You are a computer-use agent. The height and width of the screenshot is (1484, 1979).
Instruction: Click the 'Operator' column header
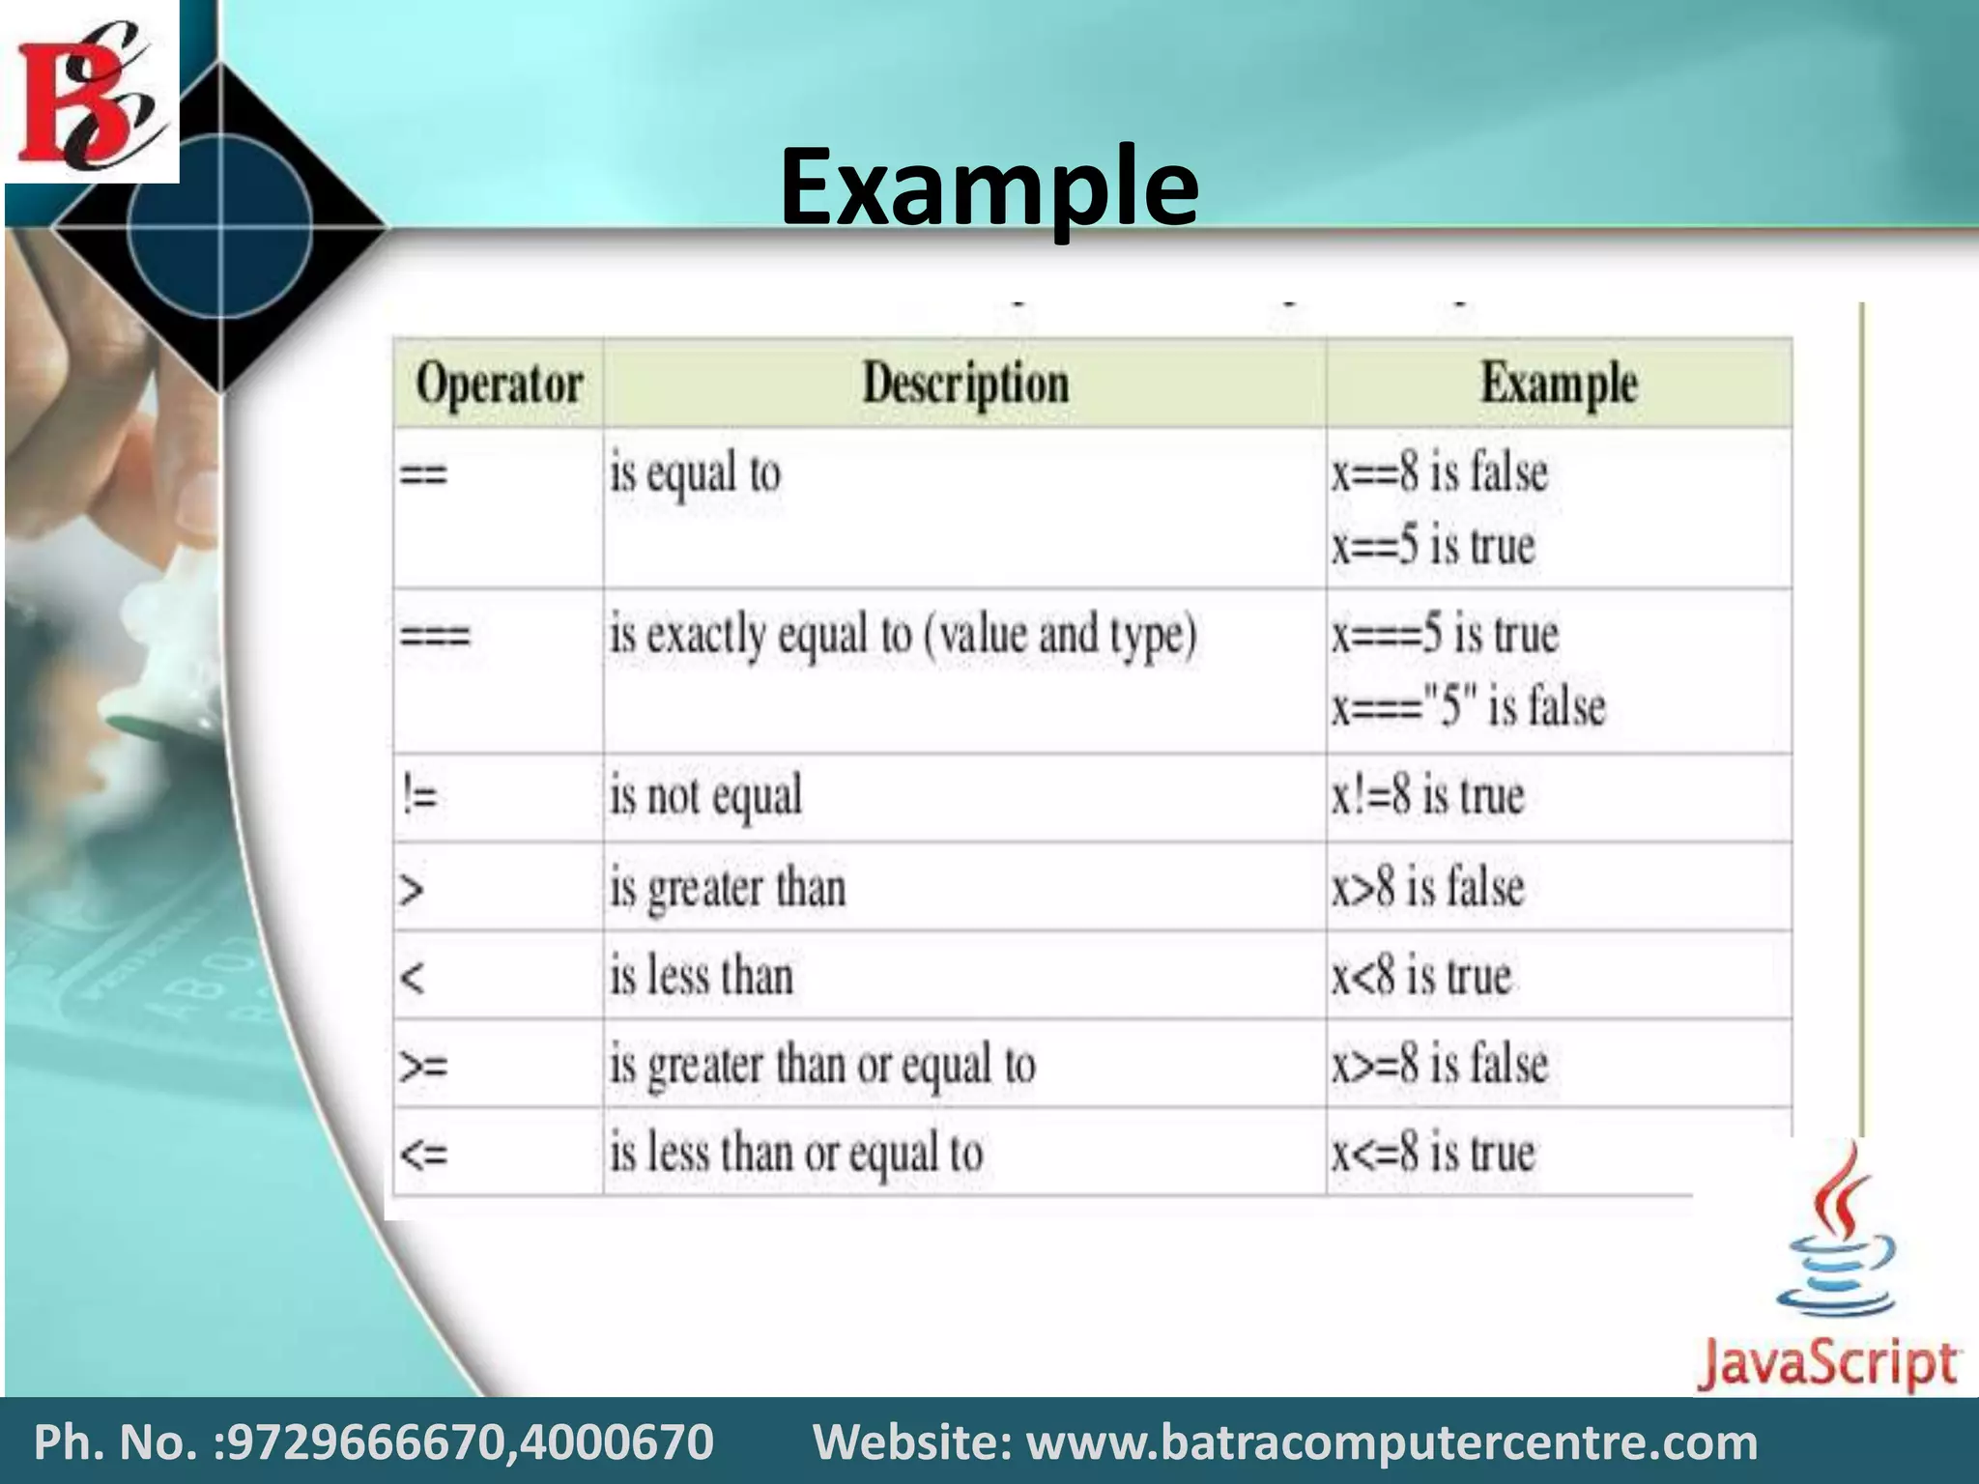(x=499, y=384)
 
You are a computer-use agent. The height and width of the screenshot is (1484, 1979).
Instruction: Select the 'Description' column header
(x=965, y=384)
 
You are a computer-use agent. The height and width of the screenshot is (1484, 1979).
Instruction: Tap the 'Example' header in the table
(x=1558, y=384)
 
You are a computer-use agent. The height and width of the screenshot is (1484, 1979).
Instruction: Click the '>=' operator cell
(x=423, y=1066)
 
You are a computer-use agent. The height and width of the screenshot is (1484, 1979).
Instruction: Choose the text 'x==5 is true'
(x=1432, y=546)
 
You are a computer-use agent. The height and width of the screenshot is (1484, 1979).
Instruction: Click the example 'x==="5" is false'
(x=1468, y=706)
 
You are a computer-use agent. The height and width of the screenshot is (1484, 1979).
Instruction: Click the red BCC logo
(x=90, y=93)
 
